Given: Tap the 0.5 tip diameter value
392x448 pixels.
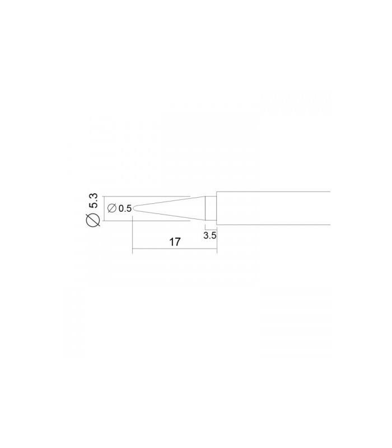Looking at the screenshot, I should (125, 208).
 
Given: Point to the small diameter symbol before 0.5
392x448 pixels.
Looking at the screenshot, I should (111, 208).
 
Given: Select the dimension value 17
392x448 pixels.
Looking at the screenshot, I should (174, 242).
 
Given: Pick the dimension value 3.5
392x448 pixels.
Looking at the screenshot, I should (210, 236).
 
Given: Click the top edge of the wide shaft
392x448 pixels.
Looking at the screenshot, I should (274, 192).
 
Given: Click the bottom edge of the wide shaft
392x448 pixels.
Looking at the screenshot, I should (274, 224).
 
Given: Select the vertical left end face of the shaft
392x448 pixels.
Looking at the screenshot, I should (217, 208).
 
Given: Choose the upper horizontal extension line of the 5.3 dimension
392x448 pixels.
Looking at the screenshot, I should (146, 196).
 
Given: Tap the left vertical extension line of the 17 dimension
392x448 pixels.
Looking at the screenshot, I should (132, 235).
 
